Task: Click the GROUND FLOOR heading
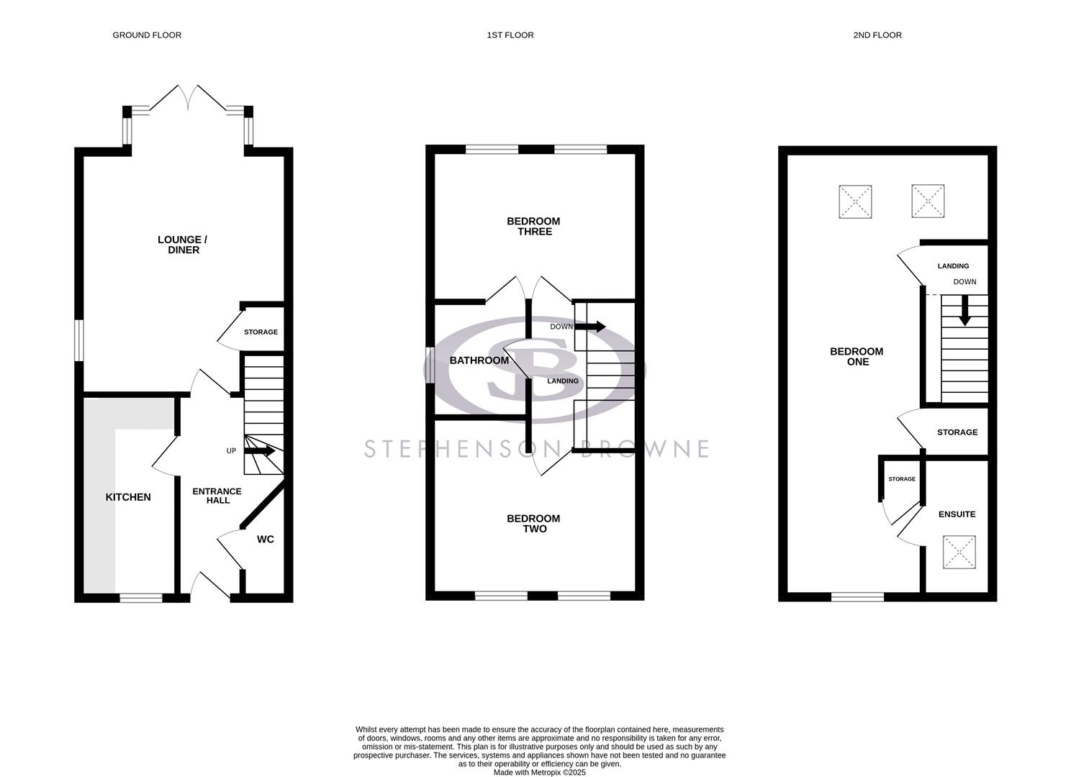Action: pos(147,35)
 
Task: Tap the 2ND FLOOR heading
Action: pos(877,35)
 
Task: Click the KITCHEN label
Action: pos(128,497)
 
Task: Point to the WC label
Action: pos(266,539)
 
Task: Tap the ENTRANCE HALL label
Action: pos(217,496)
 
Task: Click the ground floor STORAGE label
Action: pos(261,332)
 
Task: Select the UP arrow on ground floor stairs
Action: pos(260,451)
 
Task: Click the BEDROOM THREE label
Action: pos(533,226)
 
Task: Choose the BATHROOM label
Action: pos(479,360)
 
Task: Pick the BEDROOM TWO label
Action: pos(533,523)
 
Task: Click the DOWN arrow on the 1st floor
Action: pos(590,327)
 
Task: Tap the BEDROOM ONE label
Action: pos(857,357)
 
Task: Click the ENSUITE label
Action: pos(957,514)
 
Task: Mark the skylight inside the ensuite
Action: pos(959,553)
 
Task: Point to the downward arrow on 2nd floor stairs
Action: pos(964,311)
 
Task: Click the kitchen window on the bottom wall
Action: pos(141,597)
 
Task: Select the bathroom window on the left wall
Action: pos(430,365)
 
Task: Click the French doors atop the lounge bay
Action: pos(188,98)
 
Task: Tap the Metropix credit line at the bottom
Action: pos(539,773)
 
